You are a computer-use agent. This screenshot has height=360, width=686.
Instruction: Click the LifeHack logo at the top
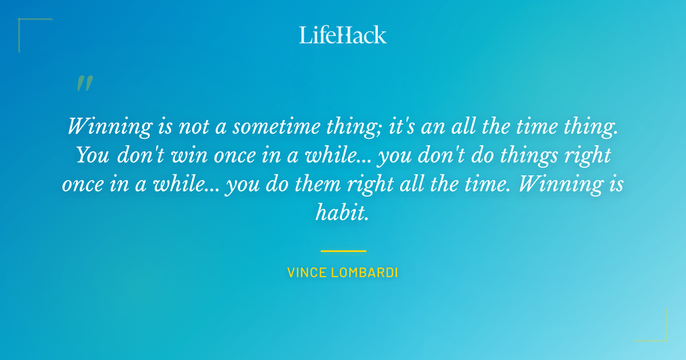[342, 35]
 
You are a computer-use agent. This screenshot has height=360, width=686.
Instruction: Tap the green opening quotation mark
[85, 83]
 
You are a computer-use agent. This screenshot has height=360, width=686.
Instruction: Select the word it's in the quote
[402, 126]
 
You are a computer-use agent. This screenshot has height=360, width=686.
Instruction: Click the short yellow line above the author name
[343, 251]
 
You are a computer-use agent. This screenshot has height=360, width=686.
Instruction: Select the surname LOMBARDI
[365, 273]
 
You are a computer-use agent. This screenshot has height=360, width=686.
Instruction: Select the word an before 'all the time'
[432, 126]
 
